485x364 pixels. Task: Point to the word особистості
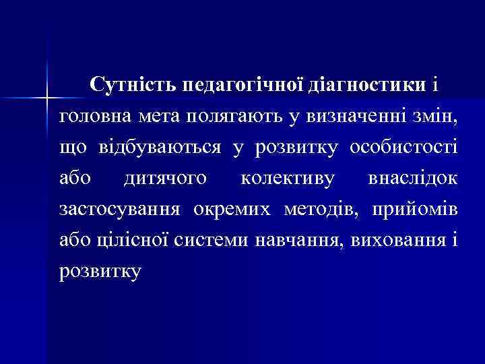[403, 148]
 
